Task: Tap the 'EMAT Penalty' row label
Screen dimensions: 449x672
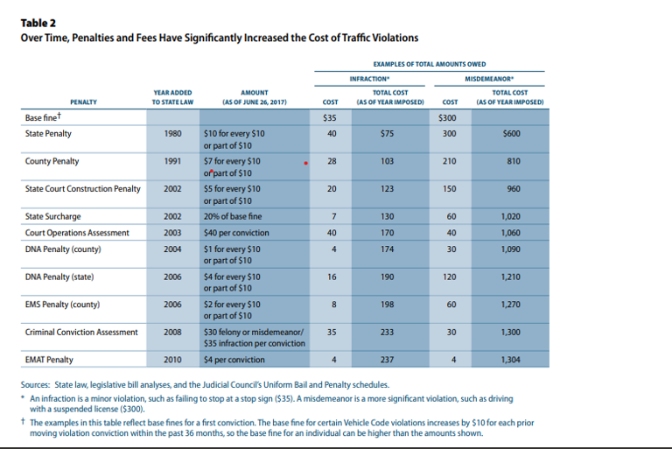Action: pyautogui.click(x=49, y=360)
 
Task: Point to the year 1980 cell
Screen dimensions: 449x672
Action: pyautogui.click(x=173, y=133)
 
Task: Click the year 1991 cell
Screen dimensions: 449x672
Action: pyautogui.click(x=173, y=162)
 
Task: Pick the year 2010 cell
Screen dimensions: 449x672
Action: pyautogui.click(x=173, y=360)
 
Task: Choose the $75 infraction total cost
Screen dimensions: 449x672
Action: pyautogui.click(x=385, y=133)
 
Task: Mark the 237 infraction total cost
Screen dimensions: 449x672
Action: pyautogui.click(x=385, y=360)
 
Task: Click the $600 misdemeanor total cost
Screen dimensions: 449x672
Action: pyautogui.click(x=512, y=133)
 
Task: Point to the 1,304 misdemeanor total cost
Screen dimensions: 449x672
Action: pyautogui.click(x=512, y=360)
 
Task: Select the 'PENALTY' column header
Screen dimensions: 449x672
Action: pyautogui.click(x=84, y=102)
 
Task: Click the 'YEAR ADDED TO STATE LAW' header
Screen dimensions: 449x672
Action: pyautogui.click(x=172, y=97)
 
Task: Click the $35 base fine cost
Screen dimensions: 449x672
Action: pyautogui.click(x=330, y=117)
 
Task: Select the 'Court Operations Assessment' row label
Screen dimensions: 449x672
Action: pyautogui.click(x=77, y=233)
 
